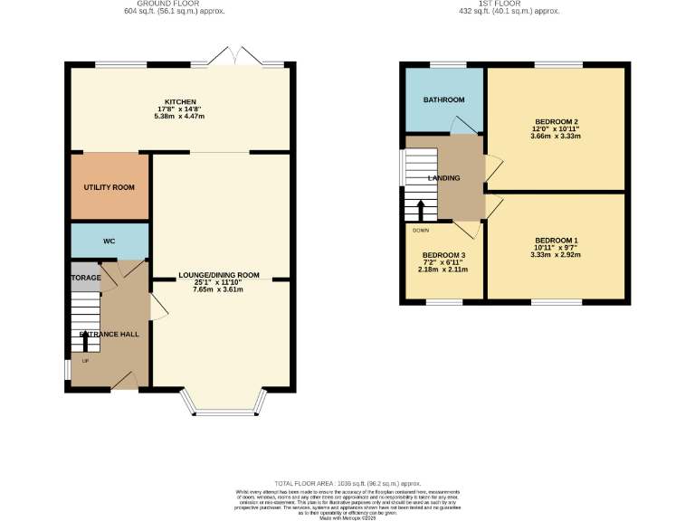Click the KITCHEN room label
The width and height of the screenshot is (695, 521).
click(180, 101)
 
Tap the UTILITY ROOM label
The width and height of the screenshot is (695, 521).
click(109, 186)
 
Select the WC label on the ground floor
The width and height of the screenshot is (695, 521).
click(109, 242)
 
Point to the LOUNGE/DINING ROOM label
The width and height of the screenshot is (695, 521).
click(219, 275)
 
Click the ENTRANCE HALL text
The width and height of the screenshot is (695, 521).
click(109, 335)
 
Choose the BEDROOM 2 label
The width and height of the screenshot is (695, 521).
click(557, 121)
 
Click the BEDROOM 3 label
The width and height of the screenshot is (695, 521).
click(443, 255)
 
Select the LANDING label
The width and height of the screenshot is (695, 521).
click(444, 178)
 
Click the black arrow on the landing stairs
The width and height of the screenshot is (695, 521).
click(420, 213)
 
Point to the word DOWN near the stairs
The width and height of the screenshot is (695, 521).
click(421, 230)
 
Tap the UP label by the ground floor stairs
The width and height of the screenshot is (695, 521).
click(86, 361)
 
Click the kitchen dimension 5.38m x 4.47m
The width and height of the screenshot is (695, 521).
click(180, 116)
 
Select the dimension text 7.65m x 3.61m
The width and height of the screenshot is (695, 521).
click(219, 289)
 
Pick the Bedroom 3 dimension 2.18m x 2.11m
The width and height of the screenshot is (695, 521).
click(443, 270)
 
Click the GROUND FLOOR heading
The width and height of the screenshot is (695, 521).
click(174, 5)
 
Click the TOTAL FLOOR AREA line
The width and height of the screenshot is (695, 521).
click(348, 485)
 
